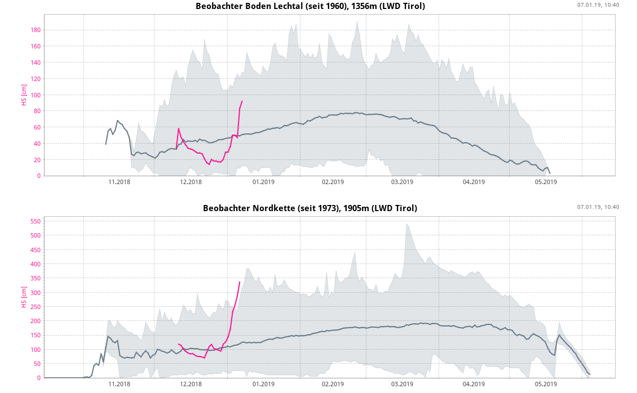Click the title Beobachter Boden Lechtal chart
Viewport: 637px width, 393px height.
[x=310, y=6]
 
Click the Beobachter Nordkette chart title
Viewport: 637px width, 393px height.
[x=310, y=208]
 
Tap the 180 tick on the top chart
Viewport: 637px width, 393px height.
[x=36, y=30]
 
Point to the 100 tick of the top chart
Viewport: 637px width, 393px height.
[x=36, y=95]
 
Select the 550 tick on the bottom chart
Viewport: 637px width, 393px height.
[x=36, y=221]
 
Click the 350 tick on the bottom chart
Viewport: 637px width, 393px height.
[x=36, y=278]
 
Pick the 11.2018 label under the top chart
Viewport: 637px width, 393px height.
[x=119, y=182]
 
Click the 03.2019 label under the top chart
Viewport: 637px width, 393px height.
[x=402, y=182]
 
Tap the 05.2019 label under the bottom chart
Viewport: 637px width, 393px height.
[x=545, y=384]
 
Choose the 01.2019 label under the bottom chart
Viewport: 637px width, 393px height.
[x=263, y=384]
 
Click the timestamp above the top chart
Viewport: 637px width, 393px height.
[x=598, y=5]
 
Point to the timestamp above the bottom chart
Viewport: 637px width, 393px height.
[x=598, y=207]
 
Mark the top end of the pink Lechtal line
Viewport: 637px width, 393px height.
[x=242, y=101]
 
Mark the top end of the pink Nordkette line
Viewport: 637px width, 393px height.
[x=240, y=282]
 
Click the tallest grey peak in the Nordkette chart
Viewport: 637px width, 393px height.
[x=406, y=224]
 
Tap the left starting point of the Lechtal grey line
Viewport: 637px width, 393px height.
[x=106, y=144]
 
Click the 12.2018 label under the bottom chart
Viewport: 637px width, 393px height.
[x=191, y=384]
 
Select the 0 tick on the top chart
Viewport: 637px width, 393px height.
[x=38, y=176]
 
